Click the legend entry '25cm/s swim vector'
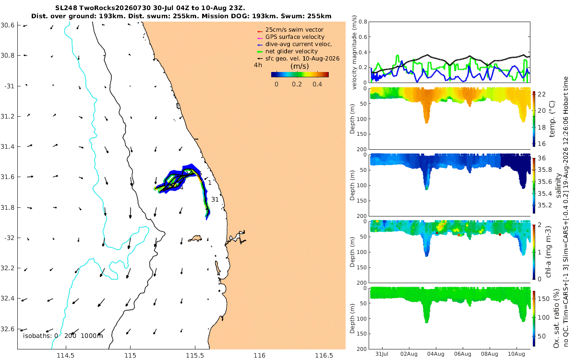pos(294,30)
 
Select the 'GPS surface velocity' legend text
pos(295,37)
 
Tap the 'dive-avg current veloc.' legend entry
pos(299,44)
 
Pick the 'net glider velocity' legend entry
pos(292,51)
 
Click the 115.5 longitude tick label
pos(195,355)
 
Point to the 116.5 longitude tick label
pos(324,355)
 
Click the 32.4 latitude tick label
pos(7,299)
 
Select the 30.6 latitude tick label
pos(7,25)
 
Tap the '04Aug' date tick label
pos(436,354)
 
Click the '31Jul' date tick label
pos(382,354)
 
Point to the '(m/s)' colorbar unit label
pos(300,66)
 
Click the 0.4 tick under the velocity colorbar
pos(317,84)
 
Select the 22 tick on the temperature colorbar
pos(542,95)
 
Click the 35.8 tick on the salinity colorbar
pos(545,170)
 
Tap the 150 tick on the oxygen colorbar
pos(544,299)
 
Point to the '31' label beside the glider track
pos(215,199)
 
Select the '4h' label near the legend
pos(258,65)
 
